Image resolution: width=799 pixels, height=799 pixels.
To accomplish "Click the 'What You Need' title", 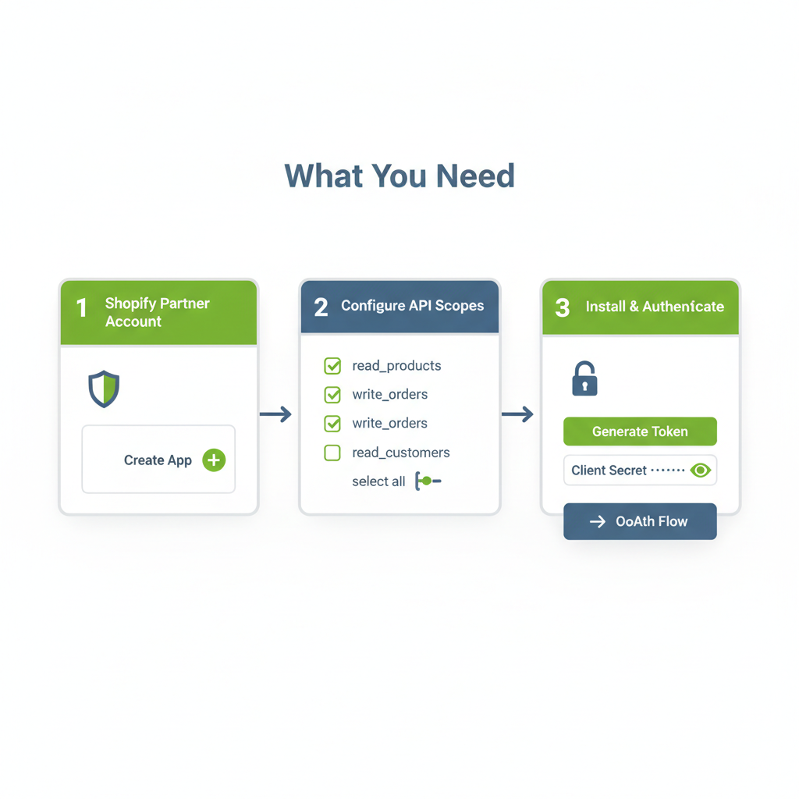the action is click(x=399, y=176).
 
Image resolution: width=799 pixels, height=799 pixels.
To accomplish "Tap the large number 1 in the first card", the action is click(x=81, y=307).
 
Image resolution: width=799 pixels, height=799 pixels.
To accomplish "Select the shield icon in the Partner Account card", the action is click(x=104, y=389).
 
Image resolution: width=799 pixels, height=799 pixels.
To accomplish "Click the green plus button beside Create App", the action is click(x=214, y=460).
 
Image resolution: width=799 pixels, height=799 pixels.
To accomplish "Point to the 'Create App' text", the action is click(x=158, y=460).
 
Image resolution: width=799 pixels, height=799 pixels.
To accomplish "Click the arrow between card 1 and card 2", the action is click(x=275, y=414).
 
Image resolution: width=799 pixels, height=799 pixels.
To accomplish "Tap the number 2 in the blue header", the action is click(x=321, y=307).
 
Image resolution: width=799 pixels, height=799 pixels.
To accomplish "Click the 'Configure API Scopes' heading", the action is click(x=412, y=306).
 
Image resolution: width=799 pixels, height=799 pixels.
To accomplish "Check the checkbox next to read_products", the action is click(x=332, y=366).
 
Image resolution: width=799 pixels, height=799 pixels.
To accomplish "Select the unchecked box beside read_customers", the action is click(x=332, y=453).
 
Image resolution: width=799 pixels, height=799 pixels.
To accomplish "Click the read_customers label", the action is click(x=401, y=453).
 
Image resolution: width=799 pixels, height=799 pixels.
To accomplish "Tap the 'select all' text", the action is click(x=378, y=481).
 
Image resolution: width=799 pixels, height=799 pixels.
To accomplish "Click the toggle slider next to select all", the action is click(x=428, y=481).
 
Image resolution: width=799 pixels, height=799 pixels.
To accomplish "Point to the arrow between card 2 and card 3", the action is click(x=518, y=414).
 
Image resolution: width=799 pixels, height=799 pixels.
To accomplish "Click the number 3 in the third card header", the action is click(x=563, y=307).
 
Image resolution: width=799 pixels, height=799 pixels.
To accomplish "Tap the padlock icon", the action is click(x=584, y=378).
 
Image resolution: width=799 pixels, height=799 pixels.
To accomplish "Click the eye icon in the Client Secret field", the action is click(x=701, y=471).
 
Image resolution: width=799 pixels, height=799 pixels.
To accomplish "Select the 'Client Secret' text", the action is click(x=609, y=471).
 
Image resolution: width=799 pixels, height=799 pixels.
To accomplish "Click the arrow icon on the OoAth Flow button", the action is click(x=598, y=521).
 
